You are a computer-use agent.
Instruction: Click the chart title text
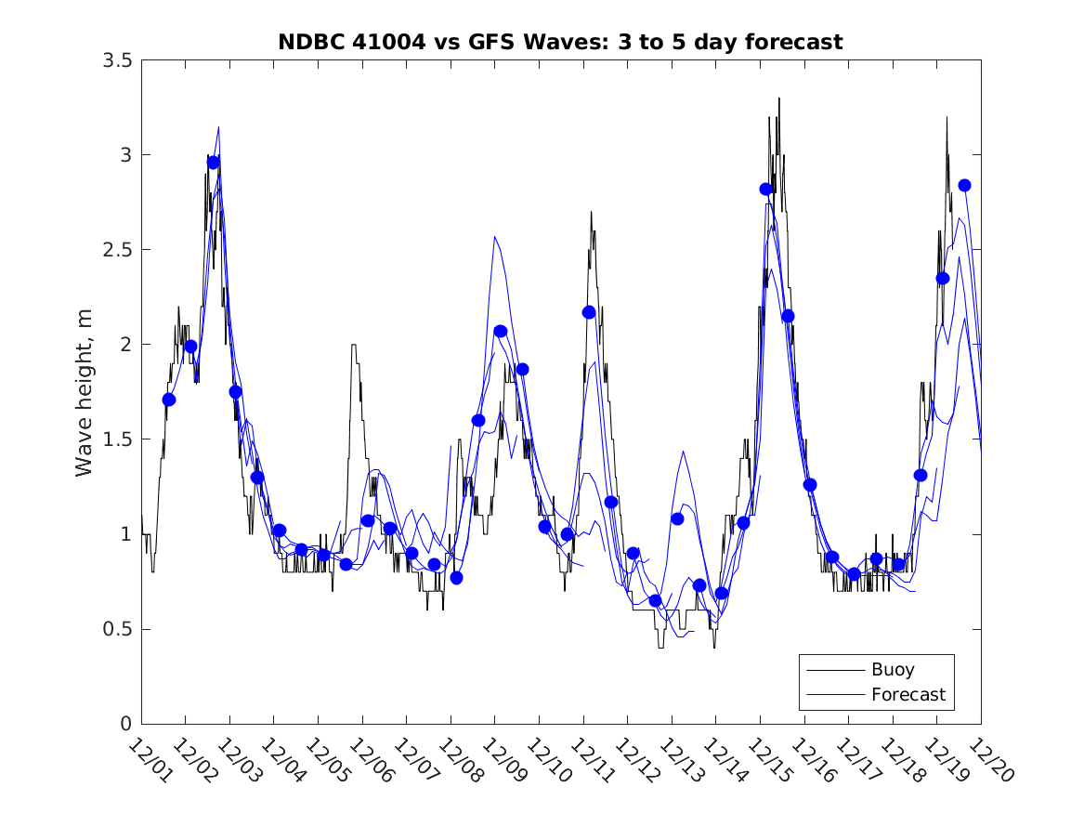pyautogui.click(x=560, y=42)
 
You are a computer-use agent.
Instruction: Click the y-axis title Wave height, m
pyautogui.click(x=85, y=392)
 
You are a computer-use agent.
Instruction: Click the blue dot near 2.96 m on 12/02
pyautogui.click(x=213, y=163)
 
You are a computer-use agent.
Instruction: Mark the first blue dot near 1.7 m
pyautogui.click(x=169, y=400)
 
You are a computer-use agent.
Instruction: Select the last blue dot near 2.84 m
pyautogui.click(x=964, y=185)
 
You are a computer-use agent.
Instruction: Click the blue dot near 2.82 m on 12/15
pyautogui.click(x=766, y=189)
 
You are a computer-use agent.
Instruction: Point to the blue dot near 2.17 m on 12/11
pyautogui.click(x=589, y=312)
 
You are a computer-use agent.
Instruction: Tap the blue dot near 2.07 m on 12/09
pyautogui.click(x=501, y=331)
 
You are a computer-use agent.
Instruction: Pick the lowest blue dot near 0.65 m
pyautogui.click(x=655, y=600)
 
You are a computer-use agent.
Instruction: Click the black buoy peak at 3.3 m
pyautogui.click(x=779, y=98)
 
